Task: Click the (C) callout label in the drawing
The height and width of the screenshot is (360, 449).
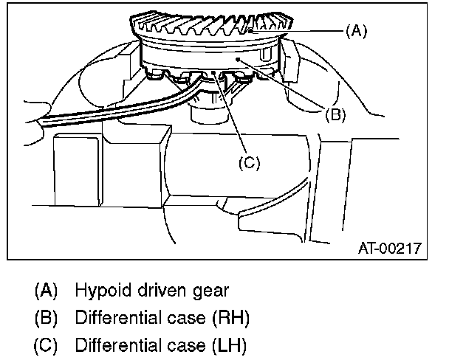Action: click(248, 163)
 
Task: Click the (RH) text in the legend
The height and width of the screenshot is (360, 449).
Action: click(231, 318)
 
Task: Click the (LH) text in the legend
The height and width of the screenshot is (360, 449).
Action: click(230, 345)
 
